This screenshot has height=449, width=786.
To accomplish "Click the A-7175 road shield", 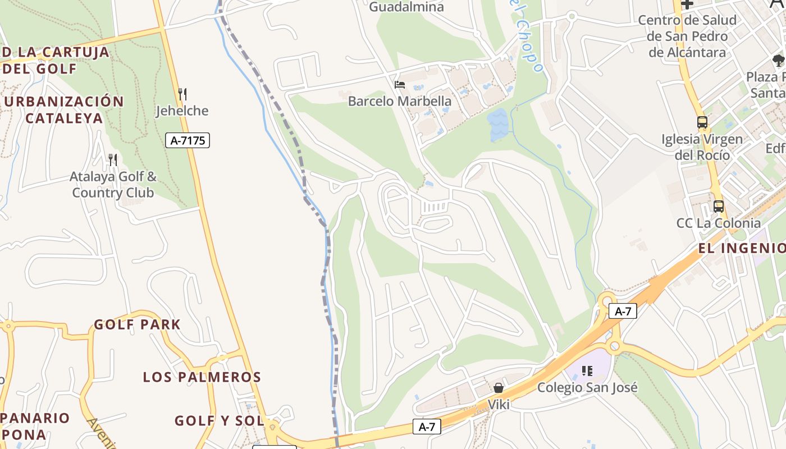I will click(x=188, y=140).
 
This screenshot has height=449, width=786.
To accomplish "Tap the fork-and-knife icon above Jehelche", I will click(x=182, y=94).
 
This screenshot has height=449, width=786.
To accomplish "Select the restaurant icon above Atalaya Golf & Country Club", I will click(x=113, y=160).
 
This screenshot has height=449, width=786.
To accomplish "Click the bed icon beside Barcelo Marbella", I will click(x=400, y=85).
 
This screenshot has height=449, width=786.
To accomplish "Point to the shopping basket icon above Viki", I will click(x=498, y=388).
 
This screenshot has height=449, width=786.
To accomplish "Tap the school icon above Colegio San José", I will click(x=587, y=370).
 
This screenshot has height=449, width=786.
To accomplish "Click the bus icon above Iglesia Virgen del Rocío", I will click(x=702, y=122).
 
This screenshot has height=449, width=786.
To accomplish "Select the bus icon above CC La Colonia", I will click(x=719, y=206).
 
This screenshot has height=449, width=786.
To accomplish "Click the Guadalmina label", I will click(x=406, y=7).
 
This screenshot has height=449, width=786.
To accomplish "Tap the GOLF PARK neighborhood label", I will click(x=137, y=324).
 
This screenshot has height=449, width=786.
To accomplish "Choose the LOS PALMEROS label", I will click(x=202, y=377).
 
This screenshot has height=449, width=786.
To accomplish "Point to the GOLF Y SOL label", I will click(x=219, y=420).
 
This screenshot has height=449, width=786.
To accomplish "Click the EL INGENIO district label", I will click(x=742, y=248).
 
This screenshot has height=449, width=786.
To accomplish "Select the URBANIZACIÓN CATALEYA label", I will click(x=64, y=109).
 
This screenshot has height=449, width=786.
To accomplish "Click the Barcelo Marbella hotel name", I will click(x=400, y=102).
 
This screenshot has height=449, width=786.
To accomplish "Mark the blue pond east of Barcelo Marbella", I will click(x=497, y=125).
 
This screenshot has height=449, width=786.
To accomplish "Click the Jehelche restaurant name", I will click(x=182, y=111).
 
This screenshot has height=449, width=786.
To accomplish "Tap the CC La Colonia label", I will click(x=719, y=223).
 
